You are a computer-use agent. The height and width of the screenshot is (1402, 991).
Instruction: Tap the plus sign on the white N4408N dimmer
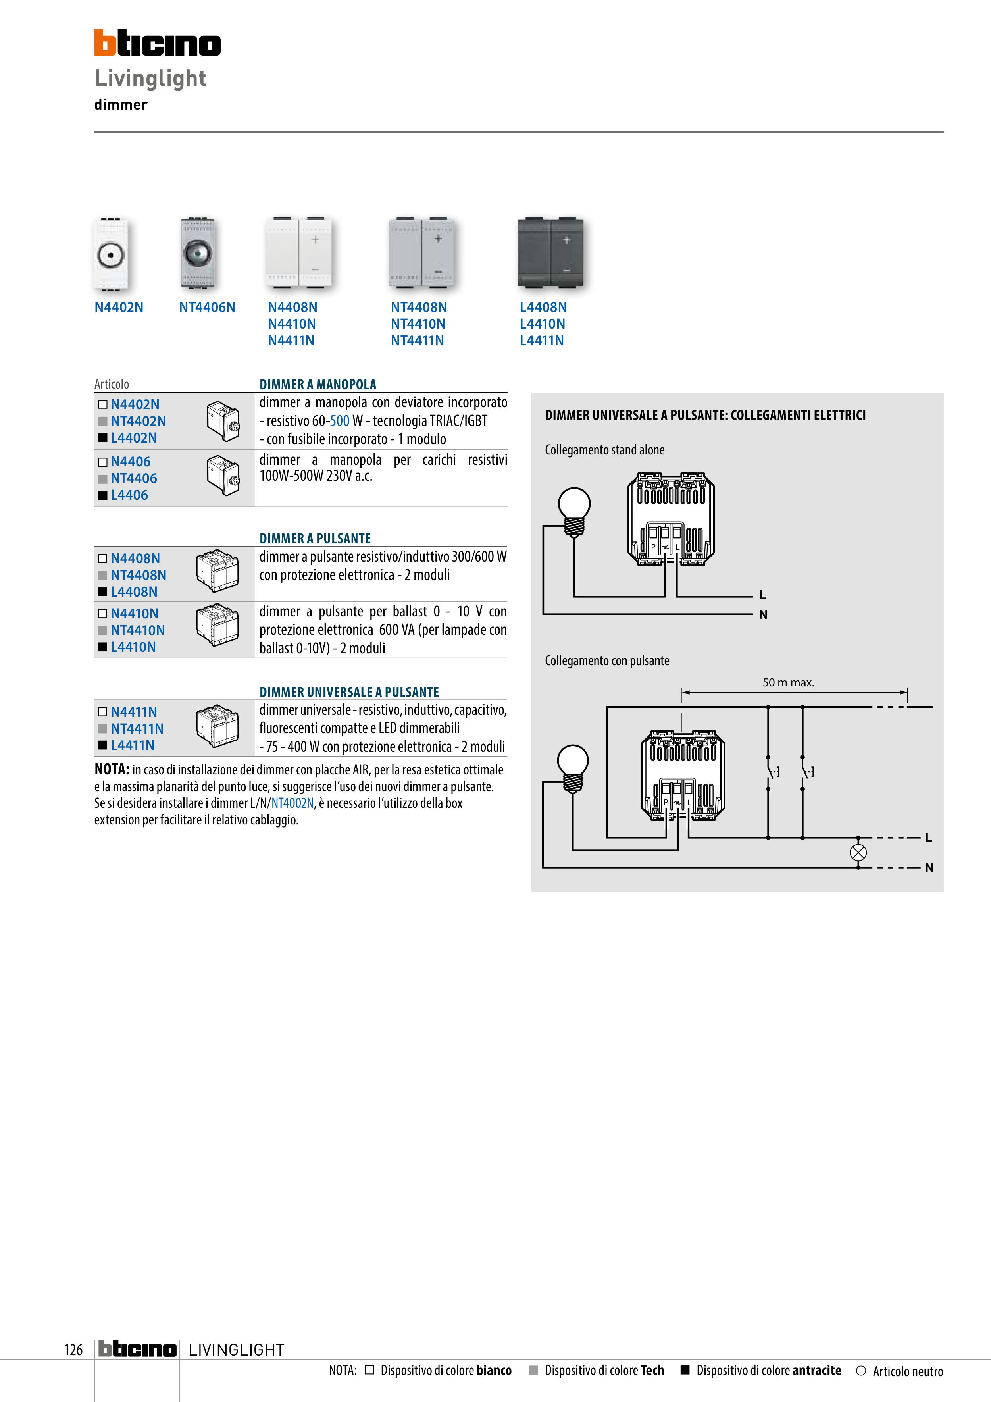315,239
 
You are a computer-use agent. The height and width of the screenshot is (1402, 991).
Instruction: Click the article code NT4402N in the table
138,421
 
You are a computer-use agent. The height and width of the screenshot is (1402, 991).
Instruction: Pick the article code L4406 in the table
129,495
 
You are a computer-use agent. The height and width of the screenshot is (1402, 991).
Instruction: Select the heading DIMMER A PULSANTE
315,539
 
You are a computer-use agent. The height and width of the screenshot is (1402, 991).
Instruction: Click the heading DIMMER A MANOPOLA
318,385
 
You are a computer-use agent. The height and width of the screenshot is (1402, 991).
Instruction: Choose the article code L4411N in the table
133,745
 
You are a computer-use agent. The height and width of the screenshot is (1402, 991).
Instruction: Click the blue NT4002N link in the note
292,803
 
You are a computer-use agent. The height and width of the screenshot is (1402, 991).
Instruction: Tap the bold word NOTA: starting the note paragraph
112,770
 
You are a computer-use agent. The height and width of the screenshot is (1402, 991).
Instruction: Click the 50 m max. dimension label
788,683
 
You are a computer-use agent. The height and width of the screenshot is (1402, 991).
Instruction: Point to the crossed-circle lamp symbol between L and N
858,853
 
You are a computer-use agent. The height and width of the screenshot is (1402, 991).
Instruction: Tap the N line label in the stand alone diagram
763,615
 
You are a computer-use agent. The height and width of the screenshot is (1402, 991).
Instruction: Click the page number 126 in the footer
73,1350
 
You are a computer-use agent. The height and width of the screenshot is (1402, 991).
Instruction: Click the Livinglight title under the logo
150,79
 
